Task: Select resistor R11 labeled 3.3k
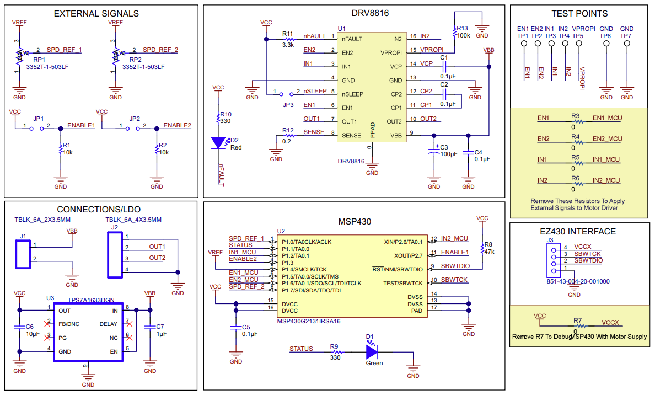(287, 39)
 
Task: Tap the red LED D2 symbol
(219, 142)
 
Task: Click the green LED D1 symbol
(371, 349)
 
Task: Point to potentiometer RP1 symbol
(19, 55)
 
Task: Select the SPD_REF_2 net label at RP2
(160, 50)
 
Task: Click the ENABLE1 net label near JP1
(81, 125)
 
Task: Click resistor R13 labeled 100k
(455, 32)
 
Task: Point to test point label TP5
(577, 36)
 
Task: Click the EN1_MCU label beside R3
(606, 118)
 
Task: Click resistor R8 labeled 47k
(482, 247)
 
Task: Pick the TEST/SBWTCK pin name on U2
(403, 283)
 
